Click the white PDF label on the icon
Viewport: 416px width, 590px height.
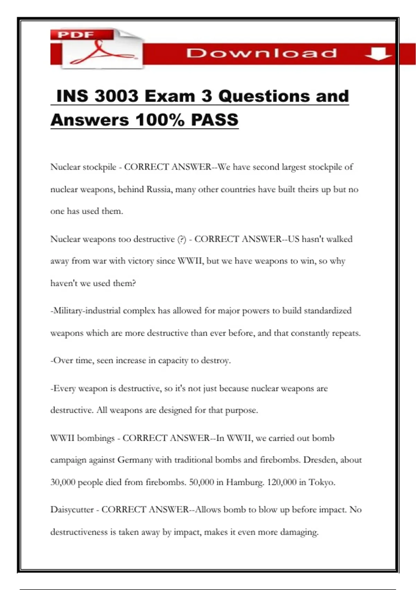click(76, 34)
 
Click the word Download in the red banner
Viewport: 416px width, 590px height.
click(261, 53)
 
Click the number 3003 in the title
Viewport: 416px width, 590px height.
click(116, 96)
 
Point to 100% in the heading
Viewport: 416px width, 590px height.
click(160, 120)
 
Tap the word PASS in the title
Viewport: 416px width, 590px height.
click(215, 120)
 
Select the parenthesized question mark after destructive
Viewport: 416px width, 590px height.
click(182, 239)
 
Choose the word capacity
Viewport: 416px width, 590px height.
click(173, 361)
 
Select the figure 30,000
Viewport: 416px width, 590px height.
click(63, 482)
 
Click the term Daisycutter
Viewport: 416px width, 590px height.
click(72, 510)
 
